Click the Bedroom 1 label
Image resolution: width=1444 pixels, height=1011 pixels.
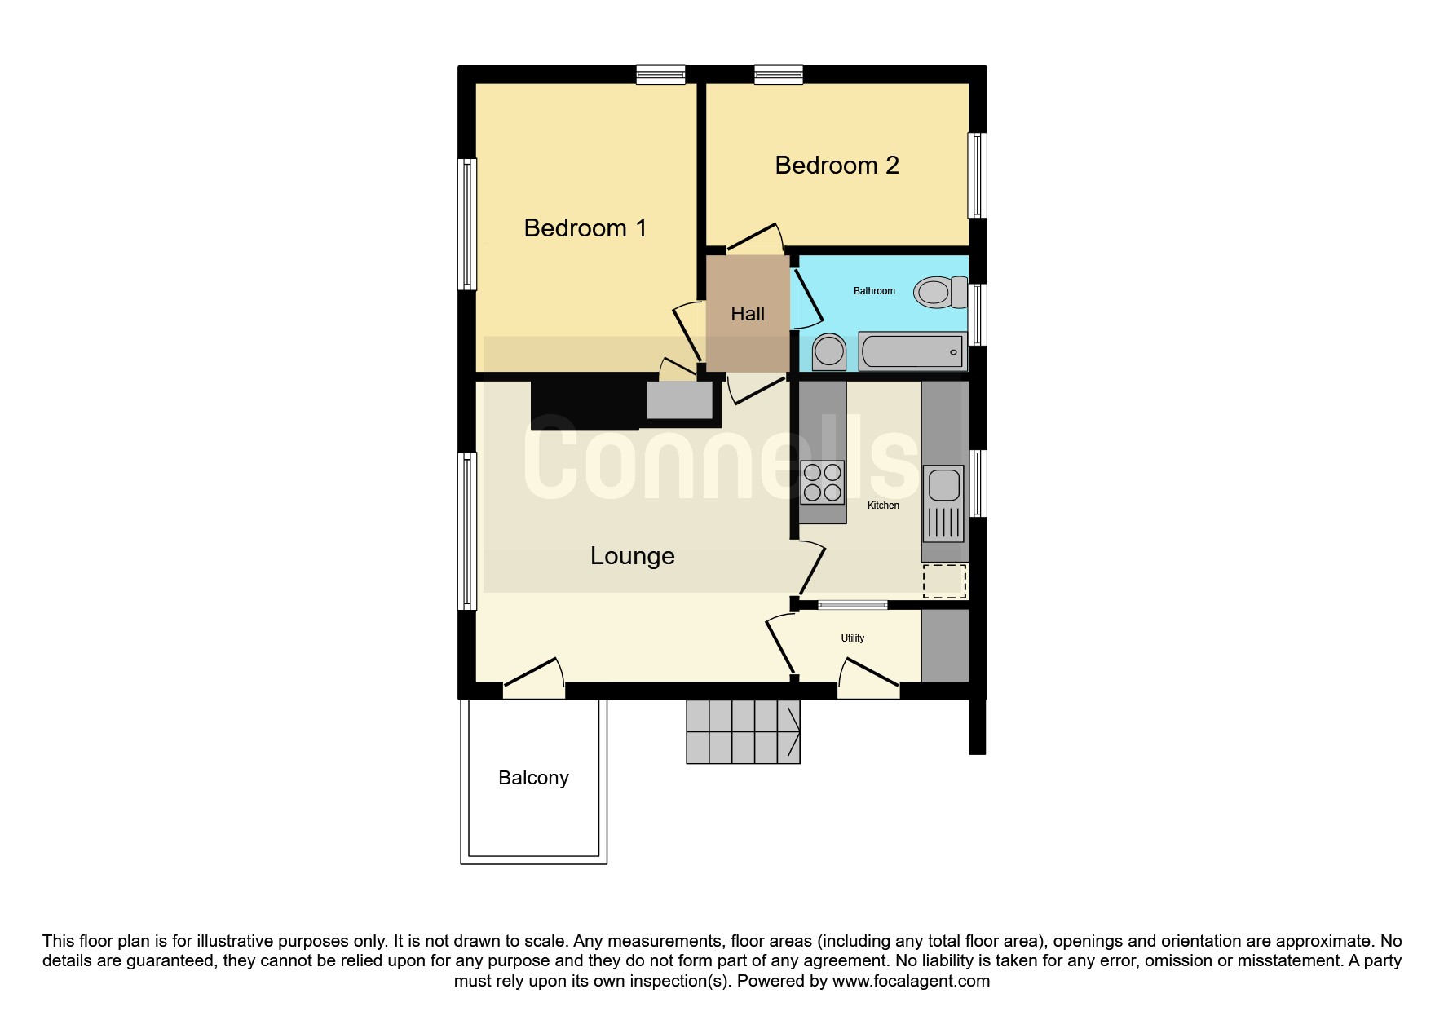[x=585, y=227]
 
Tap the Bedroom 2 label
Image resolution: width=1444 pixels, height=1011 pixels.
[x=837, y=165]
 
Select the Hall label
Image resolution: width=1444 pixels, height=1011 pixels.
[x=748, y=314]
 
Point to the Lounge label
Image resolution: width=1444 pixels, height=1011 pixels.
[x=633, y=556]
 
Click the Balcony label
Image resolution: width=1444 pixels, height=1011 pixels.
[x=533, y=778]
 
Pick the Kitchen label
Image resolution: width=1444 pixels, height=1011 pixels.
[x=883, y=505]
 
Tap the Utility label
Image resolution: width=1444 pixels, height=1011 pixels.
[x=853, y=638]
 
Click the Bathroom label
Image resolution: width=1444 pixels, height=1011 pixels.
[x=874, y=291]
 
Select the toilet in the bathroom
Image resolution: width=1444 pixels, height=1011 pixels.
[x=940, y=292]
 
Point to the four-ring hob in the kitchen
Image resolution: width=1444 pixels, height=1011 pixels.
[x=822, y=482]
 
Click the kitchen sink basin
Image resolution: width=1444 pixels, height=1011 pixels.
[x=944, y=484]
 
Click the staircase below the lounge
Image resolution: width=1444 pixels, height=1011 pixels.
[x=743, y=731]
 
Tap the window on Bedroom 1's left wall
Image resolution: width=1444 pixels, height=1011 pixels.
[x=466, y=224]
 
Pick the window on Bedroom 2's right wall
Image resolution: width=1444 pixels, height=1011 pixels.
[x=977, y=175]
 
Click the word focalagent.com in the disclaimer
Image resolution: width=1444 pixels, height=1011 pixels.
[x=911, y=981]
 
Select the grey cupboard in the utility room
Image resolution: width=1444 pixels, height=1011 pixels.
[x=945, y=646]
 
